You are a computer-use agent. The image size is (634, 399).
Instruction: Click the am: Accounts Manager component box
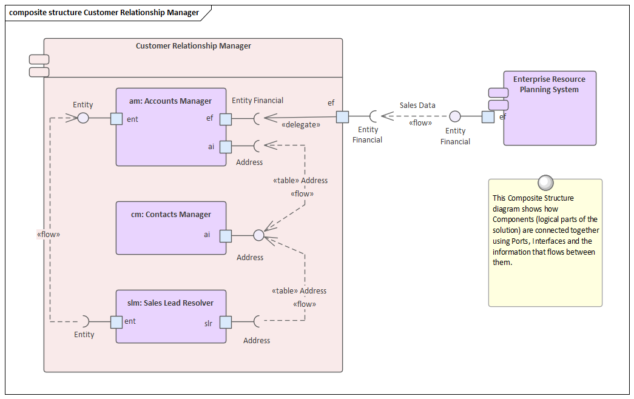pos(170,139)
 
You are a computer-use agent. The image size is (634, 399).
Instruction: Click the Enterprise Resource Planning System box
pos(550,121)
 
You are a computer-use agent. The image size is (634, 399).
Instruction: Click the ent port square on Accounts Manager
pos(116,118)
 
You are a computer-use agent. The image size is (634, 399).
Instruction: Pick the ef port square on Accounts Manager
pos(225,119)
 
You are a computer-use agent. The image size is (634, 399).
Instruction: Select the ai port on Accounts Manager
pos(225,146)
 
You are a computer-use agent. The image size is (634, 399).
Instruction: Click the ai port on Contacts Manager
pos(225,236)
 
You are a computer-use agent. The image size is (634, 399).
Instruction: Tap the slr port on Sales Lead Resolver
pos(225,322)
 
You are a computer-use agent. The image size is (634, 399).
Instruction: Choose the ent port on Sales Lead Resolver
pos(116,322)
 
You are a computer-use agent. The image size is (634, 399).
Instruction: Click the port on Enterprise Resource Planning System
pos(488,117)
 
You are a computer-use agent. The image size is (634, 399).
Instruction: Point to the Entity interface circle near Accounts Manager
pos(83,118)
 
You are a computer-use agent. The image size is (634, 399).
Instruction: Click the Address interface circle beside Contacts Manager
pos(258,235)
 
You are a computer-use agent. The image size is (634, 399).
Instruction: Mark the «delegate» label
pos(301,125)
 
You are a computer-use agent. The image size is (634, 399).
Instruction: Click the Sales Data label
pos(417,106)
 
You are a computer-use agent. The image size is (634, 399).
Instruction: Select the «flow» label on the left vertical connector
pos(49,234)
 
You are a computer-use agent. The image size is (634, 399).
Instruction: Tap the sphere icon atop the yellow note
pos(545,182)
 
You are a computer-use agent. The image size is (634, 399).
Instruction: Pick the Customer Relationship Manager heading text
pos(193,46)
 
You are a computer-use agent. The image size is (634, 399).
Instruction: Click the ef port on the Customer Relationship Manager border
pos(342,116)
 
